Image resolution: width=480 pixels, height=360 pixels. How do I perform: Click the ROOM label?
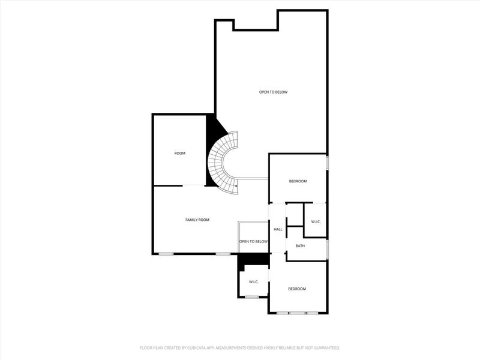click(180, 154)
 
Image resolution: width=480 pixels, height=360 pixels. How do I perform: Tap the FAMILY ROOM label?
click(197, 220)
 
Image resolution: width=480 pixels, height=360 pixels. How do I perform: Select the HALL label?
click(278, 230)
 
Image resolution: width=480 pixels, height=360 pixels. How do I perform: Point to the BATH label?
click(300, 246)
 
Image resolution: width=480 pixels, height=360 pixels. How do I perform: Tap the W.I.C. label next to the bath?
click(316, 222)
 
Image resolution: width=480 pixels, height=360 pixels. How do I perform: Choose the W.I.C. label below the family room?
click(253, 282)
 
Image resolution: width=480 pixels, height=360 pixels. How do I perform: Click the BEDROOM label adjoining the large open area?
click(298, 181)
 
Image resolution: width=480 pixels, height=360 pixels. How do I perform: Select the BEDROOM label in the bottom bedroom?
click(297, 289)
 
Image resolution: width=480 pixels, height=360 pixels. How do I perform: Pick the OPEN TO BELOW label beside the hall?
click(253, 241)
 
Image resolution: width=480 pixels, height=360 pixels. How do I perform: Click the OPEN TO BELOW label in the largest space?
click(273, 92)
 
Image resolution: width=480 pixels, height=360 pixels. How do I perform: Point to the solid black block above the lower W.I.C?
click(253, 259)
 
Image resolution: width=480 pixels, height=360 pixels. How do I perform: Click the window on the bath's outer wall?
click(327, 247)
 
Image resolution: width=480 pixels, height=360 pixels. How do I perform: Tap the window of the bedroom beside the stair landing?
click(327, 163)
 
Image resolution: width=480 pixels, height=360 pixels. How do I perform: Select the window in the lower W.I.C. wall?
click(252, 297)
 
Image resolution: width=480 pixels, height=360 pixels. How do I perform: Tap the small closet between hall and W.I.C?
click(295, 214)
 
